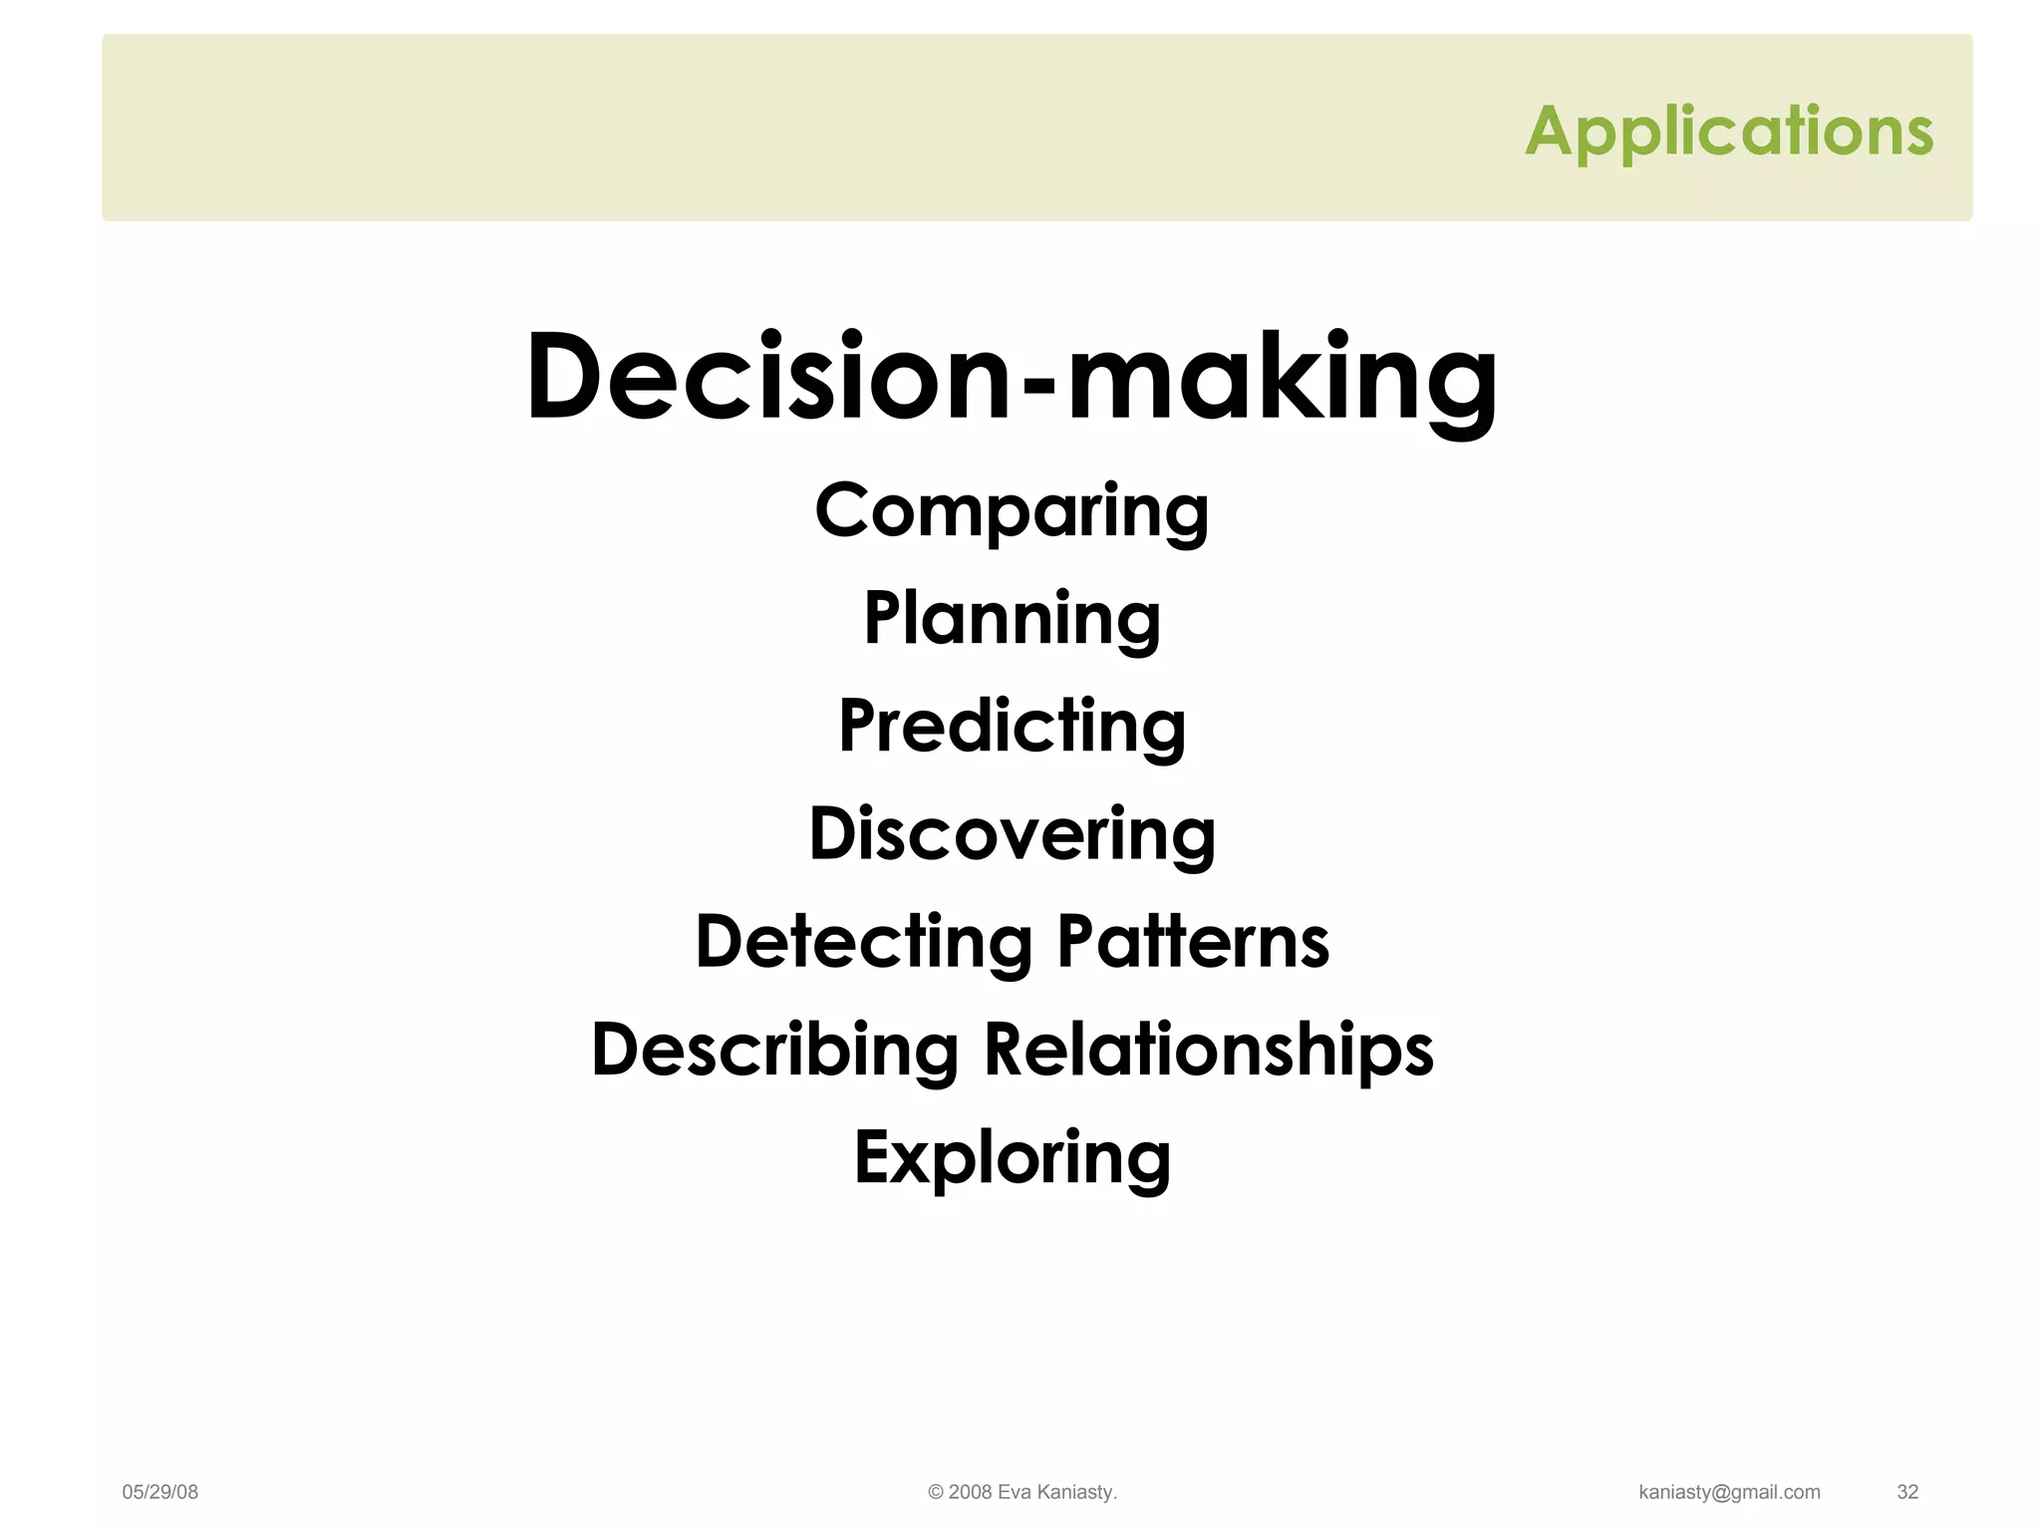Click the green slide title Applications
coord(1728,132)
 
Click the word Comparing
coord(1012,511)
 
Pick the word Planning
coord(1012,619)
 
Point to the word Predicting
coord(1012,727)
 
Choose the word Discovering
coord(1012,834)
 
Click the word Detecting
coord(863,942)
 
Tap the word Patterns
coord(1193,942)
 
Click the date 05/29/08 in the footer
coord(159,1492)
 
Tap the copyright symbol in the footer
coord(935,1492)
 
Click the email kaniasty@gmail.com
coord(1729,1492)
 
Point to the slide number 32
coord(1906,1492)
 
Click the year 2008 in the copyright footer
coord(970,1492)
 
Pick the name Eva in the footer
coord(1015,1492)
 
